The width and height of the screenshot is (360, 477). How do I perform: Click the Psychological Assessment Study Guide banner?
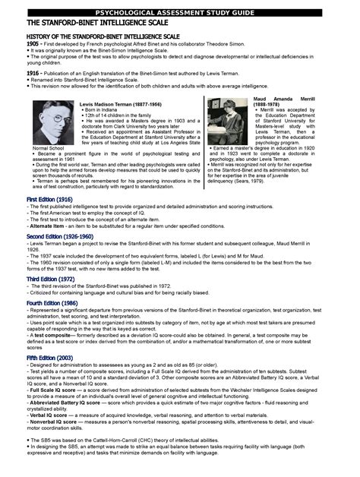click(x=180, y=13)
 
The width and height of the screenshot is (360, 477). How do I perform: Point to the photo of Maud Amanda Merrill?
click(x=229, y=123)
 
